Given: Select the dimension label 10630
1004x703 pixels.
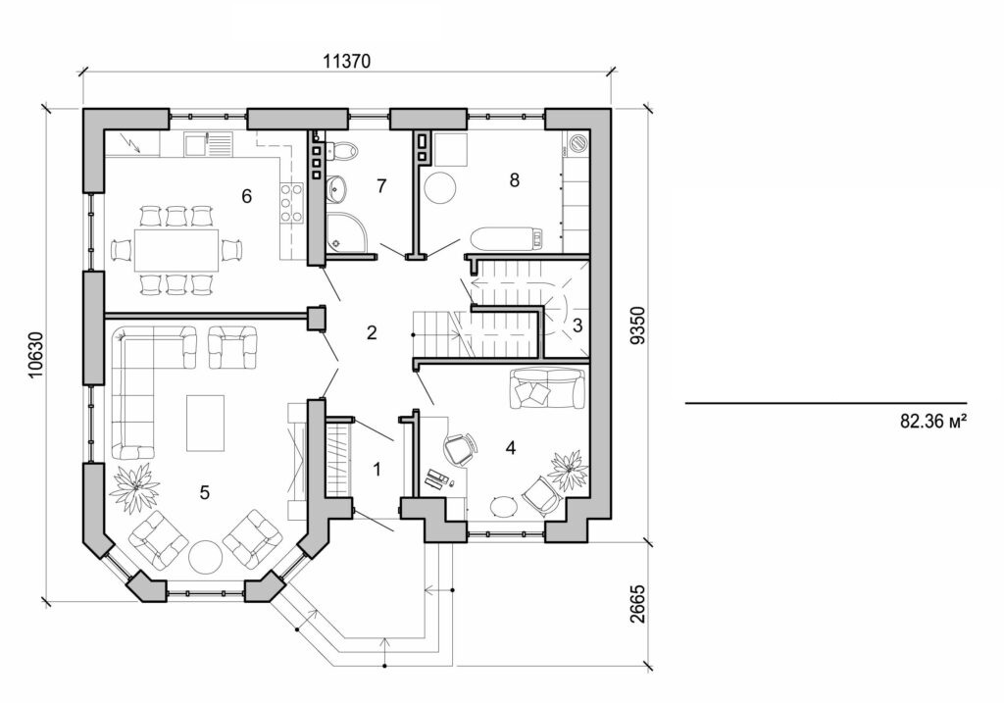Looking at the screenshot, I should (36, 354).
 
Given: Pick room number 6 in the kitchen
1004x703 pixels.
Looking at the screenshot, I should (247, 196).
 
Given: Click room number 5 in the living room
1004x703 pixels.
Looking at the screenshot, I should (204, 492).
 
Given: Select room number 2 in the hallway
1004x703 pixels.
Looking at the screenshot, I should (371, 332).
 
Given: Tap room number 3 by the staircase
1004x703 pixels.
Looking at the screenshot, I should (578, 326).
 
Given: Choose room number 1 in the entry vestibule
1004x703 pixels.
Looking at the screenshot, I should (376, 470).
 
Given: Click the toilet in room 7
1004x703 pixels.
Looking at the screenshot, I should (343, 151).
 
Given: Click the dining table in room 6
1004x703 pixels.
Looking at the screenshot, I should (176, 250).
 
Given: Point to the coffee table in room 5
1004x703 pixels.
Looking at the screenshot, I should (205, 423).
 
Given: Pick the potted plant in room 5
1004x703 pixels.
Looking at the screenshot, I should (135, 486).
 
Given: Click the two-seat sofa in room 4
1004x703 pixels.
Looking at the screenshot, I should (546, 389).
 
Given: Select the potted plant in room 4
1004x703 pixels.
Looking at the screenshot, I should (568, 470).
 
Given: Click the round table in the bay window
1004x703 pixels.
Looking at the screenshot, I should (207, 556).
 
